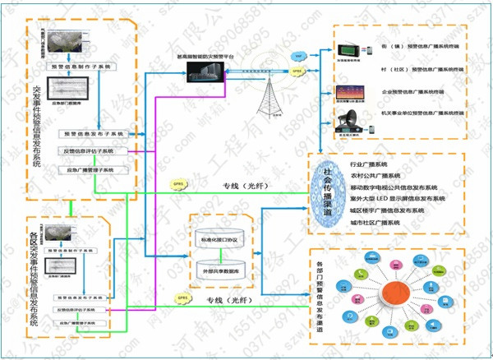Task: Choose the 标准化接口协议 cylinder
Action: (218, 239)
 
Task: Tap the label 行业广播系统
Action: (368, 164)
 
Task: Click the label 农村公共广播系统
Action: (374, 176)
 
